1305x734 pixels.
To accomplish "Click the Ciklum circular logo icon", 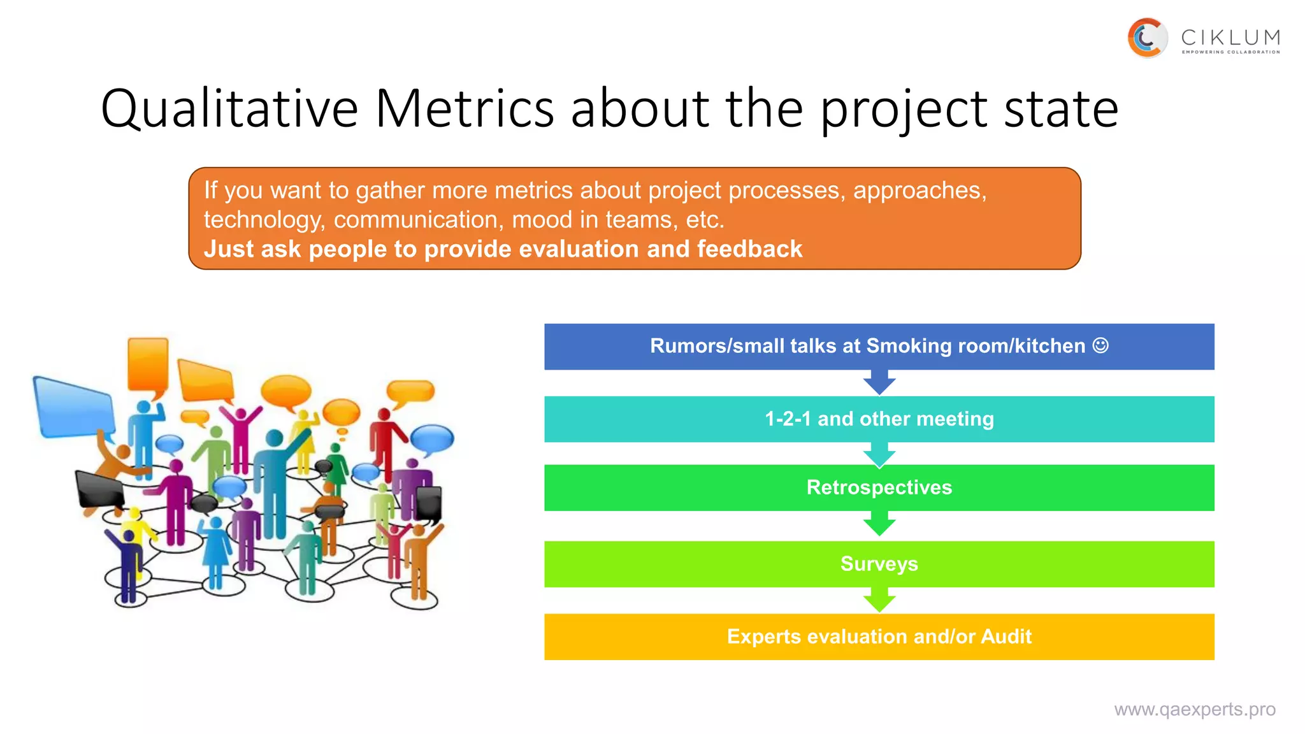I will pos(1147,38).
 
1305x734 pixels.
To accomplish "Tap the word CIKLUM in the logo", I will pos(1230,37).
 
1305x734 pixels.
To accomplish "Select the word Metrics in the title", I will pos(465,108).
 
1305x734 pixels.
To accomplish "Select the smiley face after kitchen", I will pos(1100,345).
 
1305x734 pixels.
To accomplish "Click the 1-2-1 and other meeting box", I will pos(879,419).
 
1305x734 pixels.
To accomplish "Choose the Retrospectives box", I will pos(879,487).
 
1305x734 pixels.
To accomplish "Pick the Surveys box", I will pos(879,564).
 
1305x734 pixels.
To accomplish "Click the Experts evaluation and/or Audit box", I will pos(879,637).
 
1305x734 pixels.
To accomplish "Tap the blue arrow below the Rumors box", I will pos(879,382).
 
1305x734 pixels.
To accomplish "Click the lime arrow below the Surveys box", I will pos(879,600).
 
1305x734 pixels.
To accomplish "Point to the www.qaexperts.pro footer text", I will pos(1194,709).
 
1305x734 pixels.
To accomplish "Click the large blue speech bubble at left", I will pos(73,408).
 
